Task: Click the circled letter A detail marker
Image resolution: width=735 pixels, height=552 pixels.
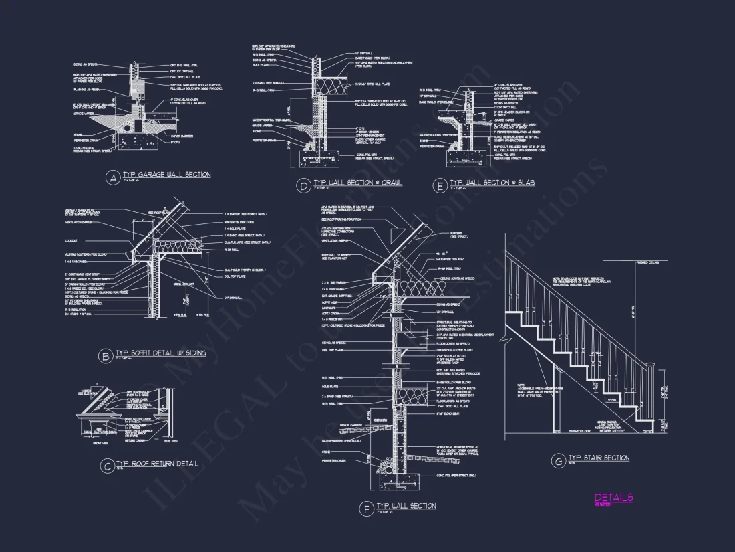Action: [x=113, y=177]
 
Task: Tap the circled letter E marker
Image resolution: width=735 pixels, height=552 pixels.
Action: [x=439, y=185]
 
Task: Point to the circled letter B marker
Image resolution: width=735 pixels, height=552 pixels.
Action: [x=105, y=357]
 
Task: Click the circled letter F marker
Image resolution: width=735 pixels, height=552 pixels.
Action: [x=365, y=509]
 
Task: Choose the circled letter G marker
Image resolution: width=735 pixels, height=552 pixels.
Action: [x=557, y=460]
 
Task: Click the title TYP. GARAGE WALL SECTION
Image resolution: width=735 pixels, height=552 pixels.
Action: [x=166, y=175]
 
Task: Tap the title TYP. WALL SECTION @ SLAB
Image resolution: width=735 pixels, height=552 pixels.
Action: [x=492, y=183]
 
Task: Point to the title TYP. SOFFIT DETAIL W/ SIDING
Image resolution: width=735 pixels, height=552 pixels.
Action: [x=161, y=353]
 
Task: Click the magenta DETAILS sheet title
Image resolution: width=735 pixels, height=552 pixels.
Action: [x=613, y=498]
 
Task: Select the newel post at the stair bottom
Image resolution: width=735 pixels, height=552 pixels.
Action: [x=649, y=395]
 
